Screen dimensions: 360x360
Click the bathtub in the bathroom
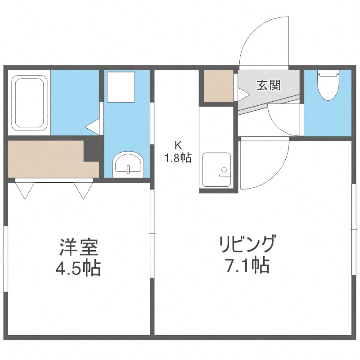point(30,102)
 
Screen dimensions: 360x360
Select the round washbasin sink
point(128,163)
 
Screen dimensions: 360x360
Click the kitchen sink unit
point(216,170)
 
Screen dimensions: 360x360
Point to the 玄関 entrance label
point(269,85)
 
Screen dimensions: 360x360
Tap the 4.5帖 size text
point(78,269)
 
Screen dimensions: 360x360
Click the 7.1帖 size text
point(247,266)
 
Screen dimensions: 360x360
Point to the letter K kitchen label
point(178,145)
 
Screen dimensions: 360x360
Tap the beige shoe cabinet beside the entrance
point(218,85)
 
